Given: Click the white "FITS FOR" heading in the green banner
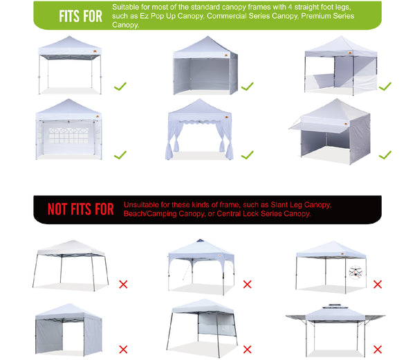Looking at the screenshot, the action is [80, 16].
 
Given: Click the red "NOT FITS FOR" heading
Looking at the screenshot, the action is [81, 209].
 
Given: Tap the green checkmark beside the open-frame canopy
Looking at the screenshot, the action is [120, 86].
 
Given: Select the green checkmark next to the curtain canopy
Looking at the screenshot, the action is [247, 154].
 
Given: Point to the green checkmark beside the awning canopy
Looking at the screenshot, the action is [385, 154].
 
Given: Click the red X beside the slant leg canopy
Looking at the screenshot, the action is [123, 285].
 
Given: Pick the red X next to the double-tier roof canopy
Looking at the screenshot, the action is [378, 350].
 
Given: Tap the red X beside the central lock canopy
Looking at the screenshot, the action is [378, 285].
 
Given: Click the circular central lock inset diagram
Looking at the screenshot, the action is [356, 273].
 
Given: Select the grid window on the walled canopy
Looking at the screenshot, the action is [68, 136].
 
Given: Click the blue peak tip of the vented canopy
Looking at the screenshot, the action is [200, 240].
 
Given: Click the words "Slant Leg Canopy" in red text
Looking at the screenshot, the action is [301, 205].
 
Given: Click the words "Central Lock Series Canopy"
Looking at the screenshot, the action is [264, 213].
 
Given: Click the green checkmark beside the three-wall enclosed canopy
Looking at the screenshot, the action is [247, 86].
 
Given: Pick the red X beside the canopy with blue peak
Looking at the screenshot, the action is [247, 285].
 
